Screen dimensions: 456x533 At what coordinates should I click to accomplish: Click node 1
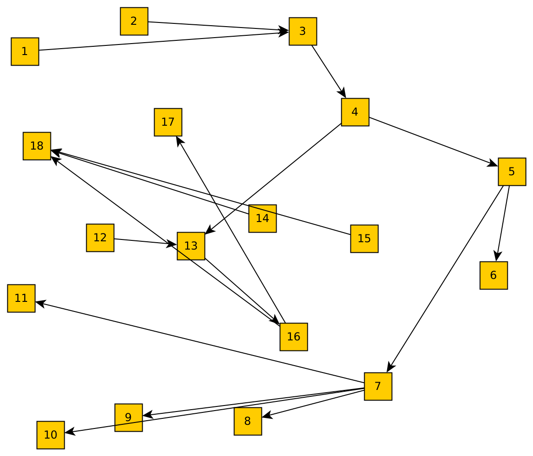tap(25, 51)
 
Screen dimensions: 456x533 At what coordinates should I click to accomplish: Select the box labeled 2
tap(134, 21)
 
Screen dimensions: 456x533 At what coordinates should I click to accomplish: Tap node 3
tap(303, 31)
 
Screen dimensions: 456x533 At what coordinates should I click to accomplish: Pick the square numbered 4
tap(355, 112)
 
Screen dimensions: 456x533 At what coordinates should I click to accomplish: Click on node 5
tap(512, 172)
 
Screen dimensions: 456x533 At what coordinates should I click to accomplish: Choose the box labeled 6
tap(494, 275)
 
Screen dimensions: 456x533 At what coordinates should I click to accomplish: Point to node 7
tap(378, 386)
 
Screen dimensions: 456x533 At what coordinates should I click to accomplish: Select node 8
tap(248, 421)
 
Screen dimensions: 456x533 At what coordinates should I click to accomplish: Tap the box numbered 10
tap(50, 435)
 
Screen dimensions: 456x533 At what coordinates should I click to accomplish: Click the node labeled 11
tap(21, 298)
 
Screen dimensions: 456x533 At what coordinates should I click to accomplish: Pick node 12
tap(100, 238)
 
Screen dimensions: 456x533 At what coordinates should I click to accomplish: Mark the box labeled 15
tap(364, 239)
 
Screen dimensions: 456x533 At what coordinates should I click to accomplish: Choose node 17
tap(168, 122)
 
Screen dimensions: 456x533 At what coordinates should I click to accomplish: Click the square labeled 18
tap(37, 146)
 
